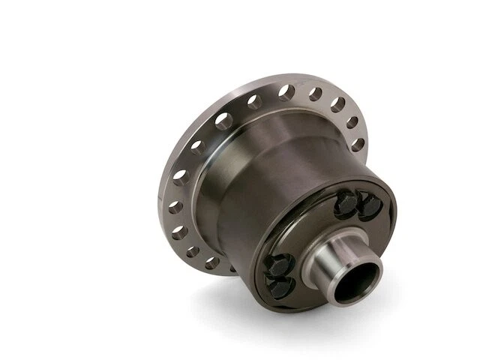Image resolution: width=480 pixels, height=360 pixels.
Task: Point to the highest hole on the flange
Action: pos(286,92)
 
